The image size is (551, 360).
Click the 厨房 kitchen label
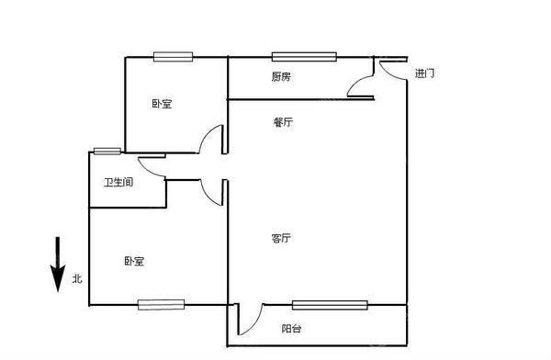(281, 77)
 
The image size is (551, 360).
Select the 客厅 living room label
(281, 239)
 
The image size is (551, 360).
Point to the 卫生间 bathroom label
(118, 182)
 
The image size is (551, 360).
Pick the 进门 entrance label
(424, 73)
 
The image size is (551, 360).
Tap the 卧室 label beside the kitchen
(162, 104)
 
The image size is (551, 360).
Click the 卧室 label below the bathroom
(134, 262)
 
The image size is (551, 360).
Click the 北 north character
(77, 277)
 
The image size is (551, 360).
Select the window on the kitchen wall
(304, 57)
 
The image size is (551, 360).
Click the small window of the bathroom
(107, 151)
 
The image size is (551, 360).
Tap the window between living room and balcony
(329, 305)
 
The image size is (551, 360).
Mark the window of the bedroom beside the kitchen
(173, 57)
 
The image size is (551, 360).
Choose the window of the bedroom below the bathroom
(162, 304)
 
